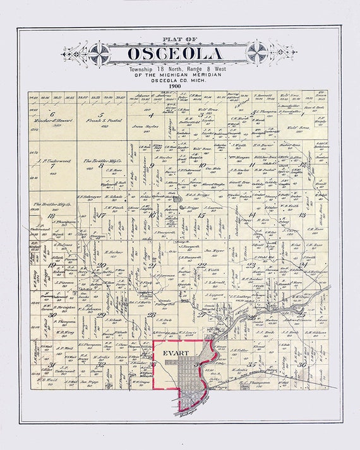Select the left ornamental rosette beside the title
99,52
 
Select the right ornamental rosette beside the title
258,52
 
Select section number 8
101,165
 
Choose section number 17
100,215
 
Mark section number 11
251,165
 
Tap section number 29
101,314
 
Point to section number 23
251,264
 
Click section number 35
251,364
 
